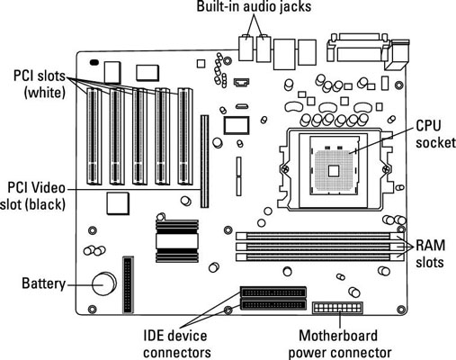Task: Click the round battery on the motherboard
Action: click(103, 283)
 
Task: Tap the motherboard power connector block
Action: click(337, 308)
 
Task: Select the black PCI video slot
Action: click(205, 161)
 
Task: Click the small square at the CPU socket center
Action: click(334, 171)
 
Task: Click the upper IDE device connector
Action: click(273, 292)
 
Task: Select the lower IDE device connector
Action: click(273, 305)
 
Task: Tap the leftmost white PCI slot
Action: click(94, 136)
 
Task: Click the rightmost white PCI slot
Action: click(184, 136)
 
